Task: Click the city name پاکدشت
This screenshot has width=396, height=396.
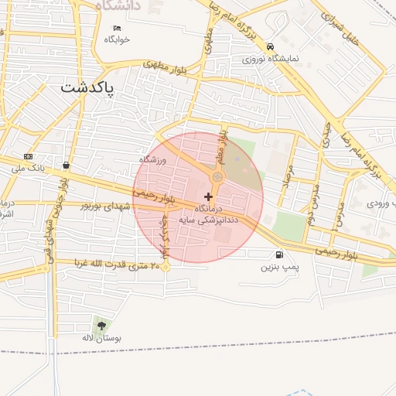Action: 87,87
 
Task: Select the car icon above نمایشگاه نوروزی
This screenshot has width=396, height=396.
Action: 269,46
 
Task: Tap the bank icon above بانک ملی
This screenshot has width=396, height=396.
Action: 29,156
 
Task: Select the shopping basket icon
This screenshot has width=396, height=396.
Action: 67,165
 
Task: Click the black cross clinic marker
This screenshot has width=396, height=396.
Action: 208,196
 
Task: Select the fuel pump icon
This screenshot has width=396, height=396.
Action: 278,254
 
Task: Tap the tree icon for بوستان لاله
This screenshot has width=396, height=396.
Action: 101,326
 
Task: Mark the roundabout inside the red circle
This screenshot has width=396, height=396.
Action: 217,178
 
